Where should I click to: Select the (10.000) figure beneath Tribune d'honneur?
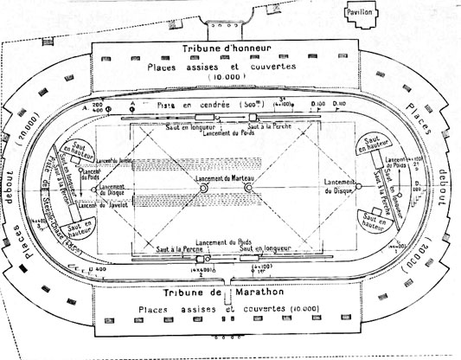[x=226, y=78]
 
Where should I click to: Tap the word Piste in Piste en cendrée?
[x=168, y=104]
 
